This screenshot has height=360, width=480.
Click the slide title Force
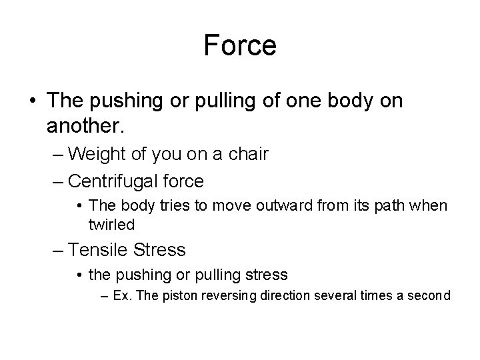tap(240, 46)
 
